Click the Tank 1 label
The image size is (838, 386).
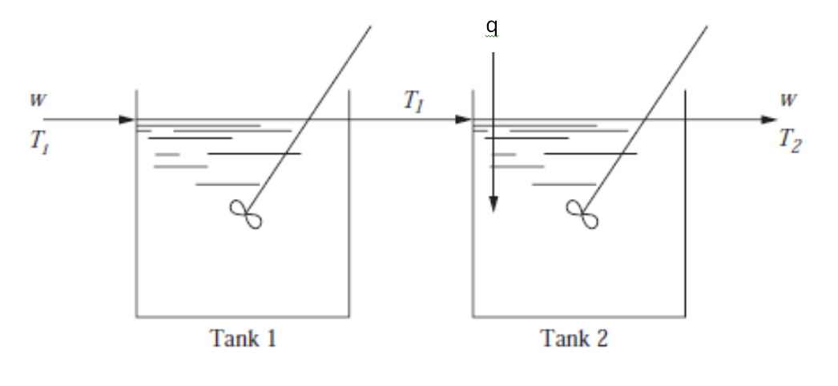click(241, 339)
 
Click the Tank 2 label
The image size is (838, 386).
click(574, 339)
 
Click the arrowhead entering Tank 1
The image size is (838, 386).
click(126, 120)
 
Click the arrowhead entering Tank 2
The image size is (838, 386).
click(462, 120)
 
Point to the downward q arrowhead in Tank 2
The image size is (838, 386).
click(493, 205)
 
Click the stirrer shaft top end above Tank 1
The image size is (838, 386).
click(369, 26)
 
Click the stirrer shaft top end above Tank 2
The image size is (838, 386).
click(707, 26)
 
